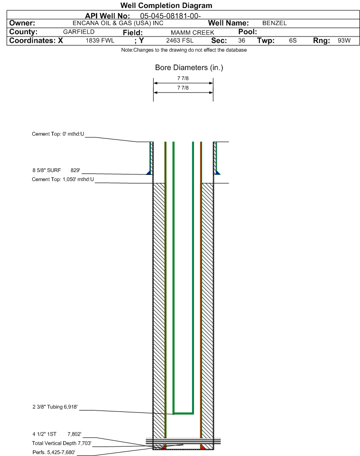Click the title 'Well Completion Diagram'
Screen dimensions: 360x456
pyautogui.click(x=166, y=6)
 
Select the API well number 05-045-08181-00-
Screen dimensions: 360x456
pyautogui.click(x=170, y=16)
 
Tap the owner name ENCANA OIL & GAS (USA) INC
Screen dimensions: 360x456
pyautogui.click(x=118, y=23)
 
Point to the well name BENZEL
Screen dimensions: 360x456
pyautogui.click(x=275, y=23)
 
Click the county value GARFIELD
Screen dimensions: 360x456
pyautogui.click(x=79, y=32)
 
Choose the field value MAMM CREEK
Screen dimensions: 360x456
pyautogui.click(x=193, y=33)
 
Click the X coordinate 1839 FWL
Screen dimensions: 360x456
pyautogui.click(x=100, y=40)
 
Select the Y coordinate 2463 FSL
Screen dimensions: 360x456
pyautogui.click(x=180, y=40)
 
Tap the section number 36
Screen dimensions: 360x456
pyautogui.click(x=241, y=40)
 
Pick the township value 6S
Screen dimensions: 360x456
pyautogui.click(x=293, y=40)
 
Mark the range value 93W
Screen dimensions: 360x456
pyautogui.click(x=344, y=40)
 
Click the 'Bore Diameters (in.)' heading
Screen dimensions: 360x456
pyautogui.click(x=189, y=68)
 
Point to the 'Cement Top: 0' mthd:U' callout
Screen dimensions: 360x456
pyautogui.click(x=58, y=134)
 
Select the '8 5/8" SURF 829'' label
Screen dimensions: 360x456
pyautogui.click(x=56, y=171)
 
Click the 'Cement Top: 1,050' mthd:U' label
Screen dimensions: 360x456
pyautogui.click(x=63, y=180)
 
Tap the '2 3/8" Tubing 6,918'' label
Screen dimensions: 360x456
pyautogui.click(x=55, y=407)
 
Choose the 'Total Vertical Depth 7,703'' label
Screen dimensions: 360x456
pyautogui.click(x=62, y=443)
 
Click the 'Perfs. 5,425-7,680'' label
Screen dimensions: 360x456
pyautogui.click(x=54, y=452)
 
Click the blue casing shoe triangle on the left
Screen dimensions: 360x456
pyautogui.click(x=149, y=173)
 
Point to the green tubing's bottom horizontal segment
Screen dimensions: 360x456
pyautogui.click(x=184, y=413)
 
